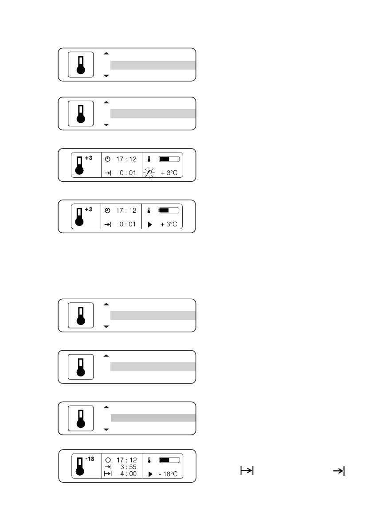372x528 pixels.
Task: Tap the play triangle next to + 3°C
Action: click(x=149, y=224)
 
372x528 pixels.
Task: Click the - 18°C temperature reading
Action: click(x=168, y=474)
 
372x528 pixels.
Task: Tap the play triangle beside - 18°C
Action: click(x=149, y=474)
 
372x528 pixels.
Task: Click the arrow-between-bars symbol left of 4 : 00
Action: click(x=108, y=474)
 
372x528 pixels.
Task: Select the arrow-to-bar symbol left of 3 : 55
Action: click(x=108, y=467)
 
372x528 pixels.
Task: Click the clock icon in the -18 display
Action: click(x=108, y=460)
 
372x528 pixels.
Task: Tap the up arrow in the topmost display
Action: click(x=106, y=53)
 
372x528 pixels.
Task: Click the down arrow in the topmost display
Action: click(x=106, y=76)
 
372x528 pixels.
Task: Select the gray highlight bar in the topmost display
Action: click(x=153, y=65)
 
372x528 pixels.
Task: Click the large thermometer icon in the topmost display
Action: click(x=80, y=65)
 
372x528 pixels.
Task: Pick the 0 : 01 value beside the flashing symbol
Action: click(x=128, y=172)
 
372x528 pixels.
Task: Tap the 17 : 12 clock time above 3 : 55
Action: click(x=126, y=460)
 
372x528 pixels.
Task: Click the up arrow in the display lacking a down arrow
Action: click(x=106, y=356)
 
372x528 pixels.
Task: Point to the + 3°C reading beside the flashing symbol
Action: click(x=169, y=172)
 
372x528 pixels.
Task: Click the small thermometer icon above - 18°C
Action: click(x=149, y=461)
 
